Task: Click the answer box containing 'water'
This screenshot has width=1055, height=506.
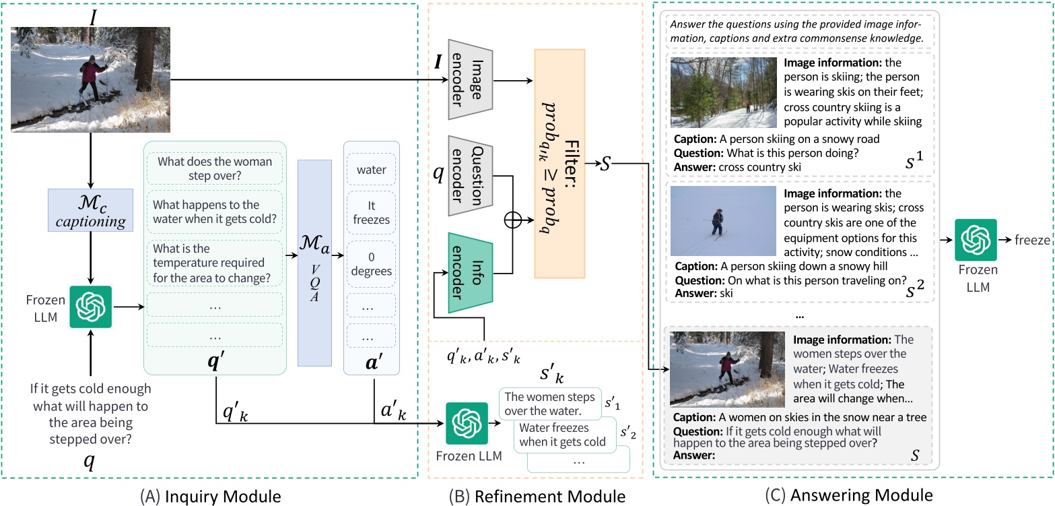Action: pos(371,170)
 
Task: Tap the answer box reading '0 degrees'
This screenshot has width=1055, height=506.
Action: pos(371,263)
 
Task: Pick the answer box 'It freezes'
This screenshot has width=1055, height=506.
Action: pos(371,212)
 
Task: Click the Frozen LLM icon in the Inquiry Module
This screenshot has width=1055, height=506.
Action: pos(91,307)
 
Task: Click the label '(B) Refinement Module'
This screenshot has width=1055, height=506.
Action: pos(537,496)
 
